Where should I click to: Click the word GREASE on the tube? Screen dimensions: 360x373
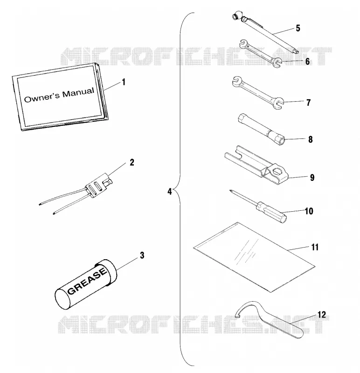tap(87, 281)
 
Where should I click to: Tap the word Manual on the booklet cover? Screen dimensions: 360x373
tap(78, 92)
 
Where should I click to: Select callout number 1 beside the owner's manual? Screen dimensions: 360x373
tap(124, 83)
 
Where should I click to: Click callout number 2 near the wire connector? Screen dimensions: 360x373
tap(132, 162)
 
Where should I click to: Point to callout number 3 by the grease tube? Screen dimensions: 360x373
tap(142, 255)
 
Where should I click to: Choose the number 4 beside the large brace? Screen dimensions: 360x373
tap(169, 192)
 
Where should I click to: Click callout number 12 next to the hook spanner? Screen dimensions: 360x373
tap(321, 315)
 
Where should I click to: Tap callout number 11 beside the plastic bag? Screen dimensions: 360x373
tap(315, 247)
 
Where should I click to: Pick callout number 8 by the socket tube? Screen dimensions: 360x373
tap(310, 139)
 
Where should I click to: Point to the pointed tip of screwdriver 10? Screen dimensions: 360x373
tap(230, 191)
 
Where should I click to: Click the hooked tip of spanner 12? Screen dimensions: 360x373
tap(237, 317)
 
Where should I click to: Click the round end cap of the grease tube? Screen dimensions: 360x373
tap(63, 299)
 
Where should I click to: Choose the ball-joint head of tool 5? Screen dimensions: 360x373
tap(237, 16)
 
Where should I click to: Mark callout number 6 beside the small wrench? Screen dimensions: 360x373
tap(307, 62)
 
